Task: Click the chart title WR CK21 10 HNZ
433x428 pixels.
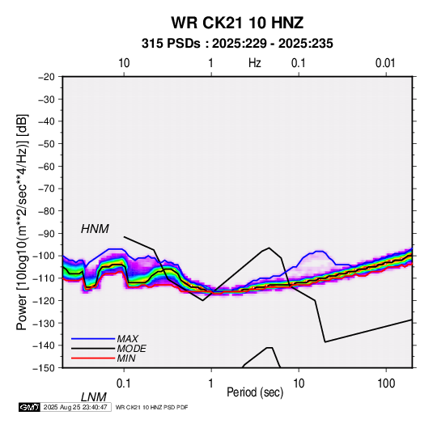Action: tap(237, 23)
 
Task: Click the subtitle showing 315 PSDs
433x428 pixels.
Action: tap(237, 44)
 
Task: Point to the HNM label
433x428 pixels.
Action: tap(95, 229)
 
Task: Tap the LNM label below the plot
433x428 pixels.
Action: tap(93, 397)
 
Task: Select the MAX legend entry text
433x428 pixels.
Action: tap(127, 339)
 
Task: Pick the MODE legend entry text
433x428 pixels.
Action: tap(131, 349)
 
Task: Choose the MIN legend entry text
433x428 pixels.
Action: tap(126, 358)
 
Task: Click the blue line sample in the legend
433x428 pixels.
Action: tap(93, 339)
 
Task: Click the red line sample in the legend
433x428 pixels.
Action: tap(93, 358)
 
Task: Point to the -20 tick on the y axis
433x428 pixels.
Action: tap(46, 77)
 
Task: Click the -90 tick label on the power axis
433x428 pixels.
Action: tap(46, 234)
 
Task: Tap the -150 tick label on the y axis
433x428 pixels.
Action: tap(44, 368)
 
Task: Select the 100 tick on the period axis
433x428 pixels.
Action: tap(386, 384)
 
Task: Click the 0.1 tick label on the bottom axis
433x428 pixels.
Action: tap(124, 384)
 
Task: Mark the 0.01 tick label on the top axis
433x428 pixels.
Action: tap(385, 63)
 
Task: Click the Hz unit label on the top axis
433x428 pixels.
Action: tap(255, 63)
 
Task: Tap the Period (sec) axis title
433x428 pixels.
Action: tap(255, 392)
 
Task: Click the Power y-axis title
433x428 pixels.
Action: tap(23, 222)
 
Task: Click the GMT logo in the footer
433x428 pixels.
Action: tap(30, 407)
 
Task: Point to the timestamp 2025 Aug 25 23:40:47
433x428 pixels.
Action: tap(75, 407)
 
